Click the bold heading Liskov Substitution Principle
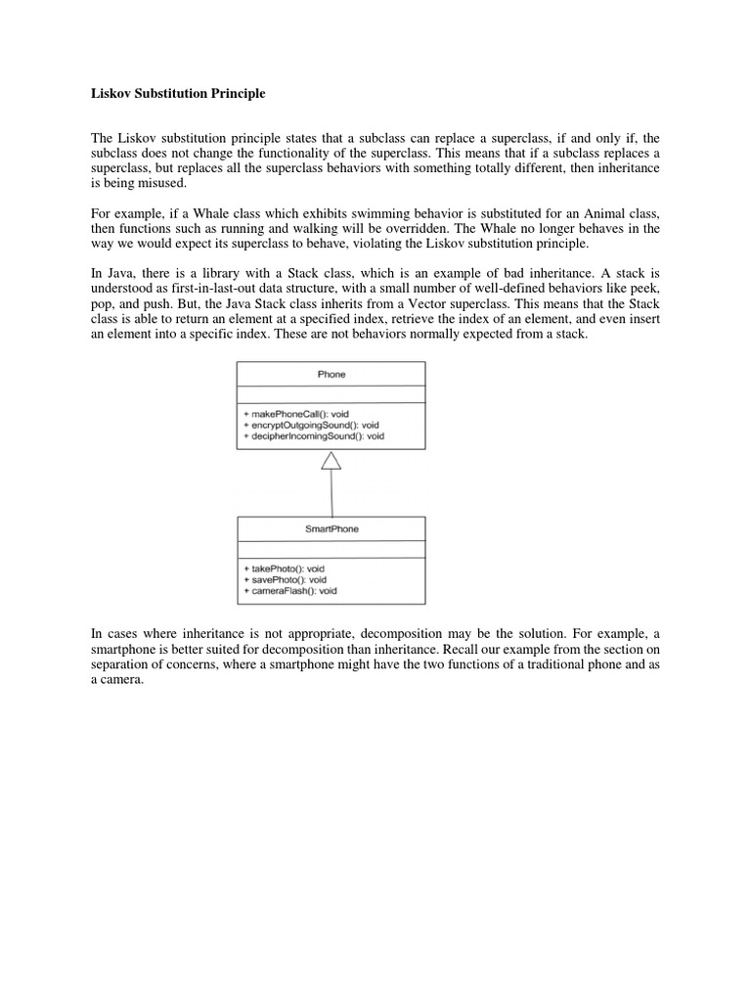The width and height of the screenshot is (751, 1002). (172, 94)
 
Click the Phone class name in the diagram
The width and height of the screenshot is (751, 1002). (331, 374)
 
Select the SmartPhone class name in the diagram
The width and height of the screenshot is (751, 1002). (331, 528)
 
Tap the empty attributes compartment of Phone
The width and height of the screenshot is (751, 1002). (331, 394)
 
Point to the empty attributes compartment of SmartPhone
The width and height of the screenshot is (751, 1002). (331, 549)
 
